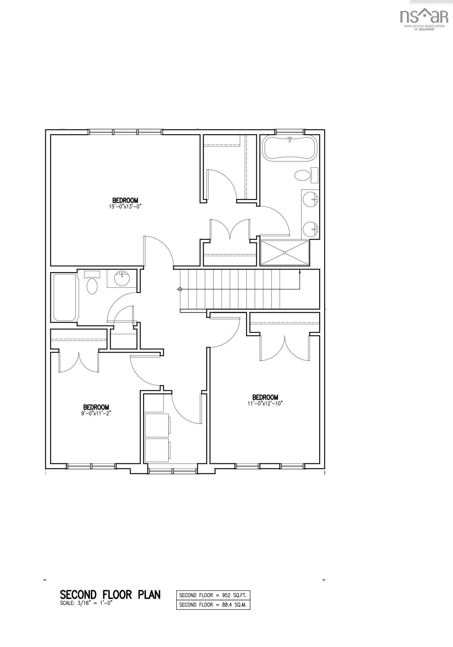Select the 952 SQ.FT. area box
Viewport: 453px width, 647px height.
213,595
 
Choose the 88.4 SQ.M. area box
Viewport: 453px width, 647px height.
213,605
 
